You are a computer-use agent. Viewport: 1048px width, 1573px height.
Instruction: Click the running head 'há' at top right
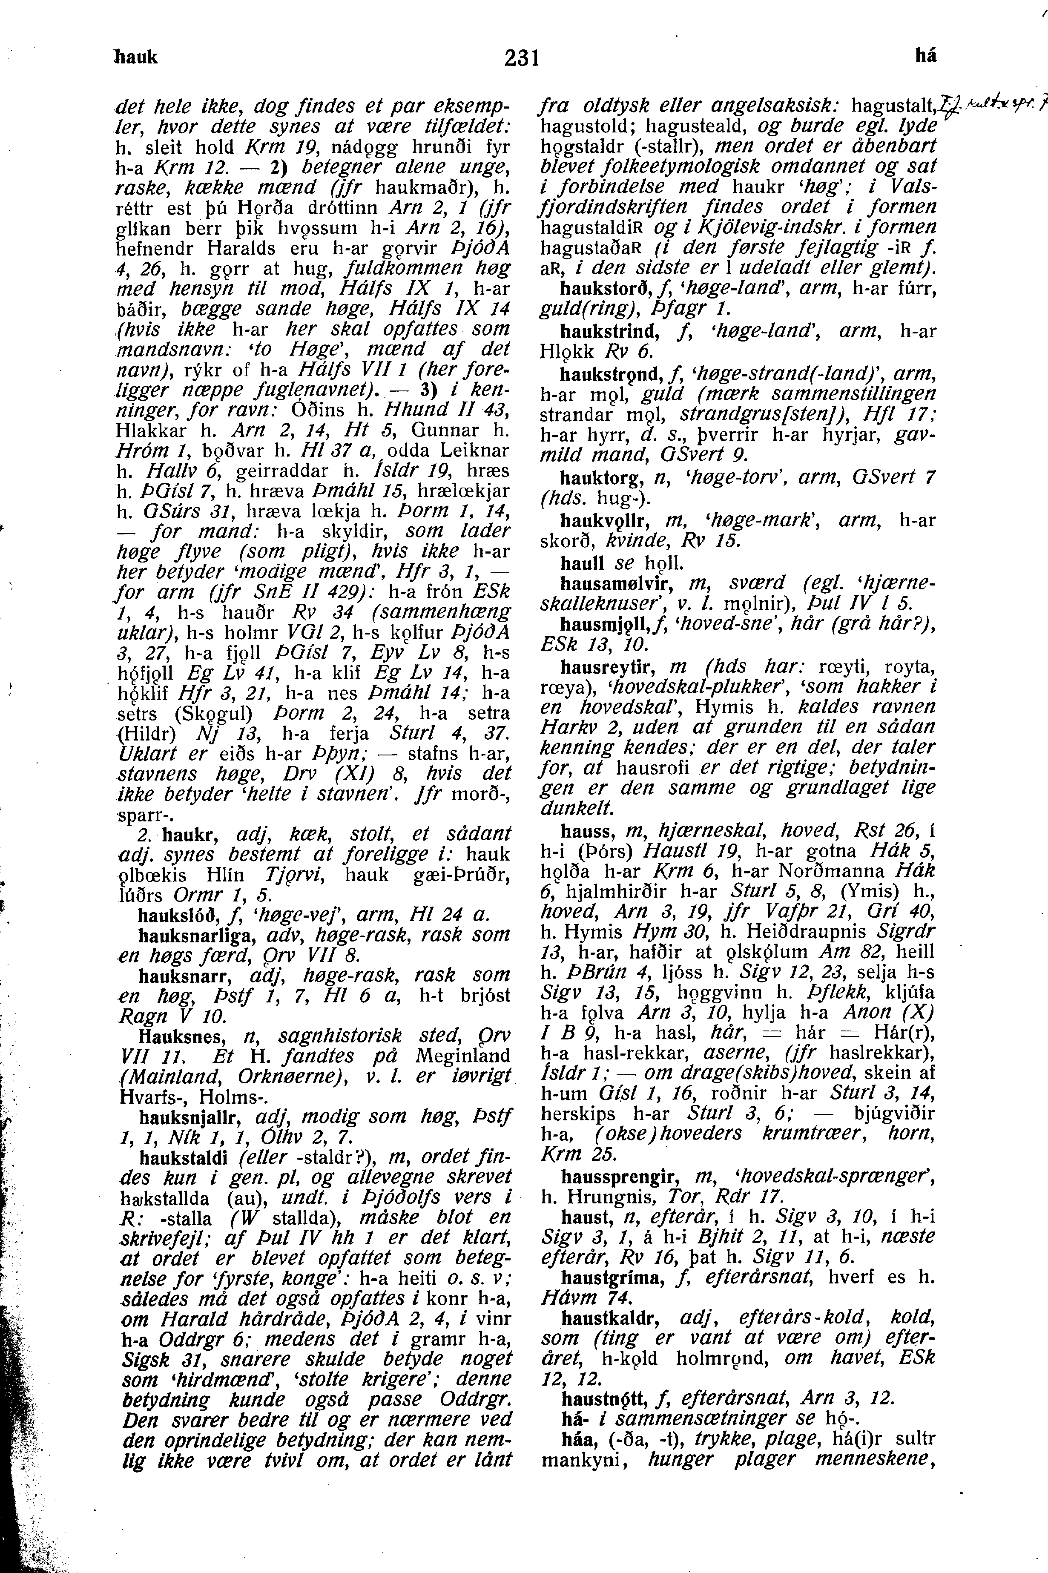coord(926,57)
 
